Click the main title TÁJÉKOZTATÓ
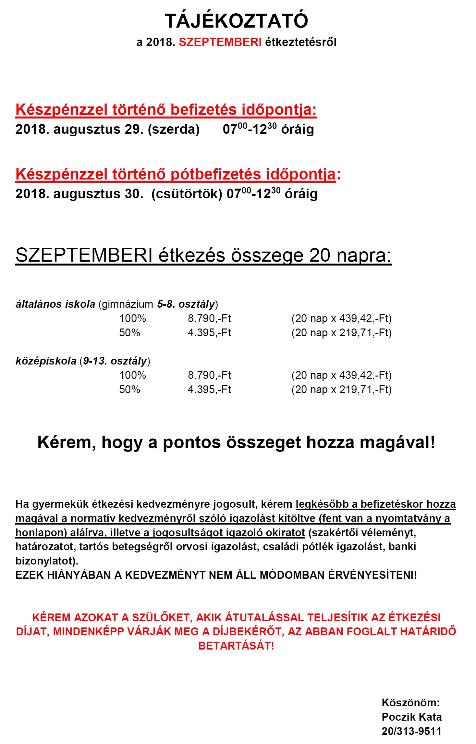click(x=236, y=21)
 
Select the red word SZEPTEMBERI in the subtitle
click(x=220, y=42)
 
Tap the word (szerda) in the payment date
click(x=174, y=130)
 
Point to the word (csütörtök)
click(x=187, y=194)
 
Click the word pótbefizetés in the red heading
click(x=215, y=174)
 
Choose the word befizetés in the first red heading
click(x=204, y=110)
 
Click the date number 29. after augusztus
click(x=134, y=130)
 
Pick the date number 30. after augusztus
click(x=134, y=194)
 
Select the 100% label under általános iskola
click(x=133, y=318)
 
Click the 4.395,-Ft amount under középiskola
click(x=209, y=390)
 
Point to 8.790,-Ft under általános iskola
click(x=209, y=318)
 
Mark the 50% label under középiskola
click(x=129, y=390)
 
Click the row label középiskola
click(x=46, y=361)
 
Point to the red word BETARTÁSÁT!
click(x=236, y=646)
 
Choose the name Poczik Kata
click(x=411, y=717)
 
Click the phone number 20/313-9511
click(x=411, y=731)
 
